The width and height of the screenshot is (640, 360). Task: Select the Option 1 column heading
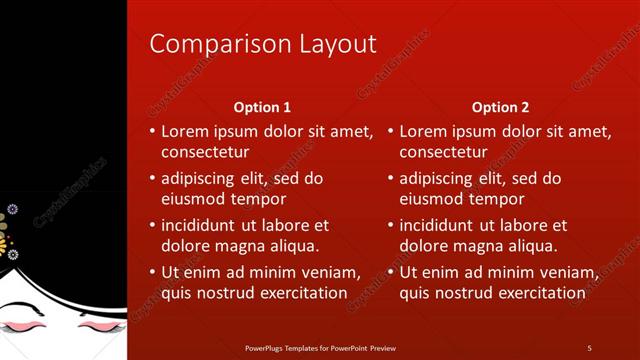[x=262, y=107]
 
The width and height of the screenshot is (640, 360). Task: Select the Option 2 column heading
[x=501, y=107]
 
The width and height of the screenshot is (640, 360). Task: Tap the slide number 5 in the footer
[x=589, y=347]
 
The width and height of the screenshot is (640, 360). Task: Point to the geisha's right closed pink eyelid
[x=96, y=325]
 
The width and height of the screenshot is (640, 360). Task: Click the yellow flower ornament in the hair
[x=4, y=240]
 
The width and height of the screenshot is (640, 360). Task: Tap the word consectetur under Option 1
[x=205, y=152]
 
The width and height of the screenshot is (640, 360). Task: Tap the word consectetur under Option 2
[x=443, y=152]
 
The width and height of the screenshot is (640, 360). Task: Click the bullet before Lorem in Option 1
[x=152, y=131]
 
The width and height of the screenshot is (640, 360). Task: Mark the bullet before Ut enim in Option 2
[x=390, y=272]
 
